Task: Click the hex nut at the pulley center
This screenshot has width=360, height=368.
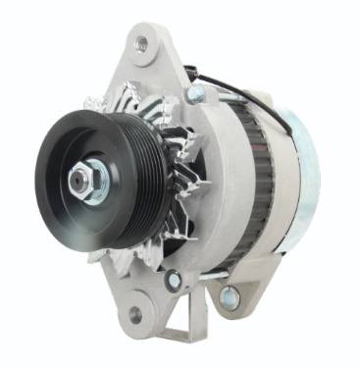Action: point(79,180)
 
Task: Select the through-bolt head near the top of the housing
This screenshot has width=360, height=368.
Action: point(195,94)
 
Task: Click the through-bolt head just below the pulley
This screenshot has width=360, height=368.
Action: point(173,281)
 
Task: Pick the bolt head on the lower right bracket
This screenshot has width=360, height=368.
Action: point(230,295)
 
